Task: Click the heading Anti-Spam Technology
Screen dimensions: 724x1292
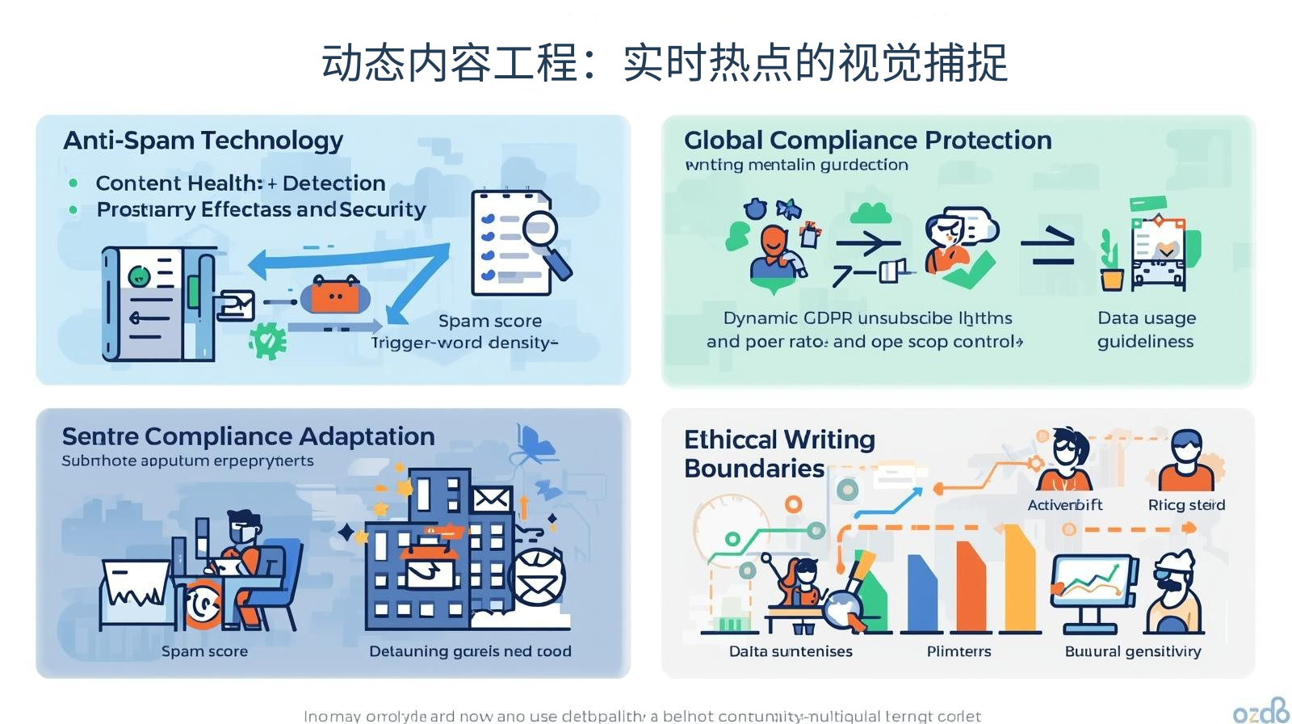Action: pos(203,141)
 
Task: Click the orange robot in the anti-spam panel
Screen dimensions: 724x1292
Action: pos(335,296)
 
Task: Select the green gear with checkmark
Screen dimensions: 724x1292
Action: pos(267,339)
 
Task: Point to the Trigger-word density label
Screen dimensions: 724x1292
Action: pos(464,343)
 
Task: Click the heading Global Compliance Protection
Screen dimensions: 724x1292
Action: pos(867,140)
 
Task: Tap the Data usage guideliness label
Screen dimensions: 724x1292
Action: pos(1146,330)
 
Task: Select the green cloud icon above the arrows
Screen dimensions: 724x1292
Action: pos(870,213)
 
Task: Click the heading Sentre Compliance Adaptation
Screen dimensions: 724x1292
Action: pos(248,436)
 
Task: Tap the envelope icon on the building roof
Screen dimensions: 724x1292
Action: pos(491,499)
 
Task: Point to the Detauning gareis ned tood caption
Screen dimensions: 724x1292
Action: pos(470,651)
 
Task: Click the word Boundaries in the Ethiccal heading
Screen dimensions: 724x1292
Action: pos(753,469)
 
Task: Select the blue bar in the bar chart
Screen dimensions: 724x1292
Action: pos(921,594)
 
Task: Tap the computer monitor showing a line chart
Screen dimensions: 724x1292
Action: pos(1091,584)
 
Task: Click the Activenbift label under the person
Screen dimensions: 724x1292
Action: pos(1064,505)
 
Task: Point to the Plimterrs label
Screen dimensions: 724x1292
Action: pos(959,651)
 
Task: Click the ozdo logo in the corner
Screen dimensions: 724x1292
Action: pos(1261,710)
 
